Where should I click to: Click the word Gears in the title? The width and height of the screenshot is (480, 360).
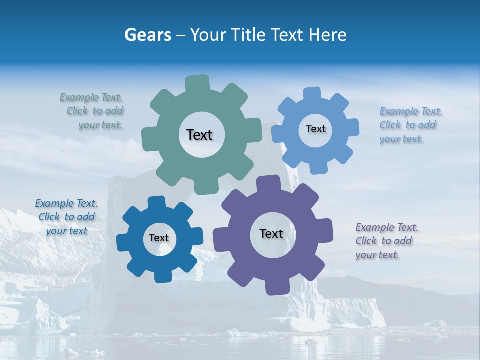coord(147,35)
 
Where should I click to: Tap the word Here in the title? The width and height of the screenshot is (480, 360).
coord(327,35)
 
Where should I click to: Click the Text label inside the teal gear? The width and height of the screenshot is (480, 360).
coord(199,135)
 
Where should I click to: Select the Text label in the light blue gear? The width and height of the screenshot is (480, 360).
coord(315,129)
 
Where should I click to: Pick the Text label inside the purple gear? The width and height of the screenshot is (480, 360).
coord(271,233)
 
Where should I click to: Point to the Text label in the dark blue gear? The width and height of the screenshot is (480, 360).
coord(159,238)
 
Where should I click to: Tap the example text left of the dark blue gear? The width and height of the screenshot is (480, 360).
coord(66,217)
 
